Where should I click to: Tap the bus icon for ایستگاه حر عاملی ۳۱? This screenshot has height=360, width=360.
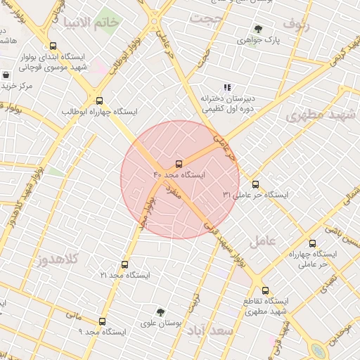coord(255,184)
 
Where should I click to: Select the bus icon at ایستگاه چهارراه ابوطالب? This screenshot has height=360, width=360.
coord(99,101)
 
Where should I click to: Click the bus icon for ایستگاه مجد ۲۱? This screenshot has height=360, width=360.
coord(124,265)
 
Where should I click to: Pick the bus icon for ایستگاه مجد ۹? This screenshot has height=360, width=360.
coord(102,321)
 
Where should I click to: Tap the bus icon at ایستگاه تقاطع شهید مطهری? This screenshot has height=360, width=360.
coord(265,290)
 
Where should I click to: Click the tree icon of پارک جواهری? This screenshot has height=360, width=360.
coord(258,30)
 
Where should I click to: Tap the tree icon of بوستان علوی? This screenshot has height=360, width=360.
coord(161,311)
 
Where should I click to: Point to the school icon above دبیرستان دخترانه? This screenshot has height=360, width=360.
coord(226,88)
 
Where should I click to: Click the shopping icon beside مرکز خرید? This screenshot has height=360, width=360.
coord(6,75)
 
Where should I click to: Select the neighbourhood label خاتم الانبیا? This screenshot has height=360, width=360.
coord(92,22)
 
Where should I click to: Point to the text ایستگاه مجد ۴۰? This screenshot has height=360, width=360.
coord(179,174)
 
